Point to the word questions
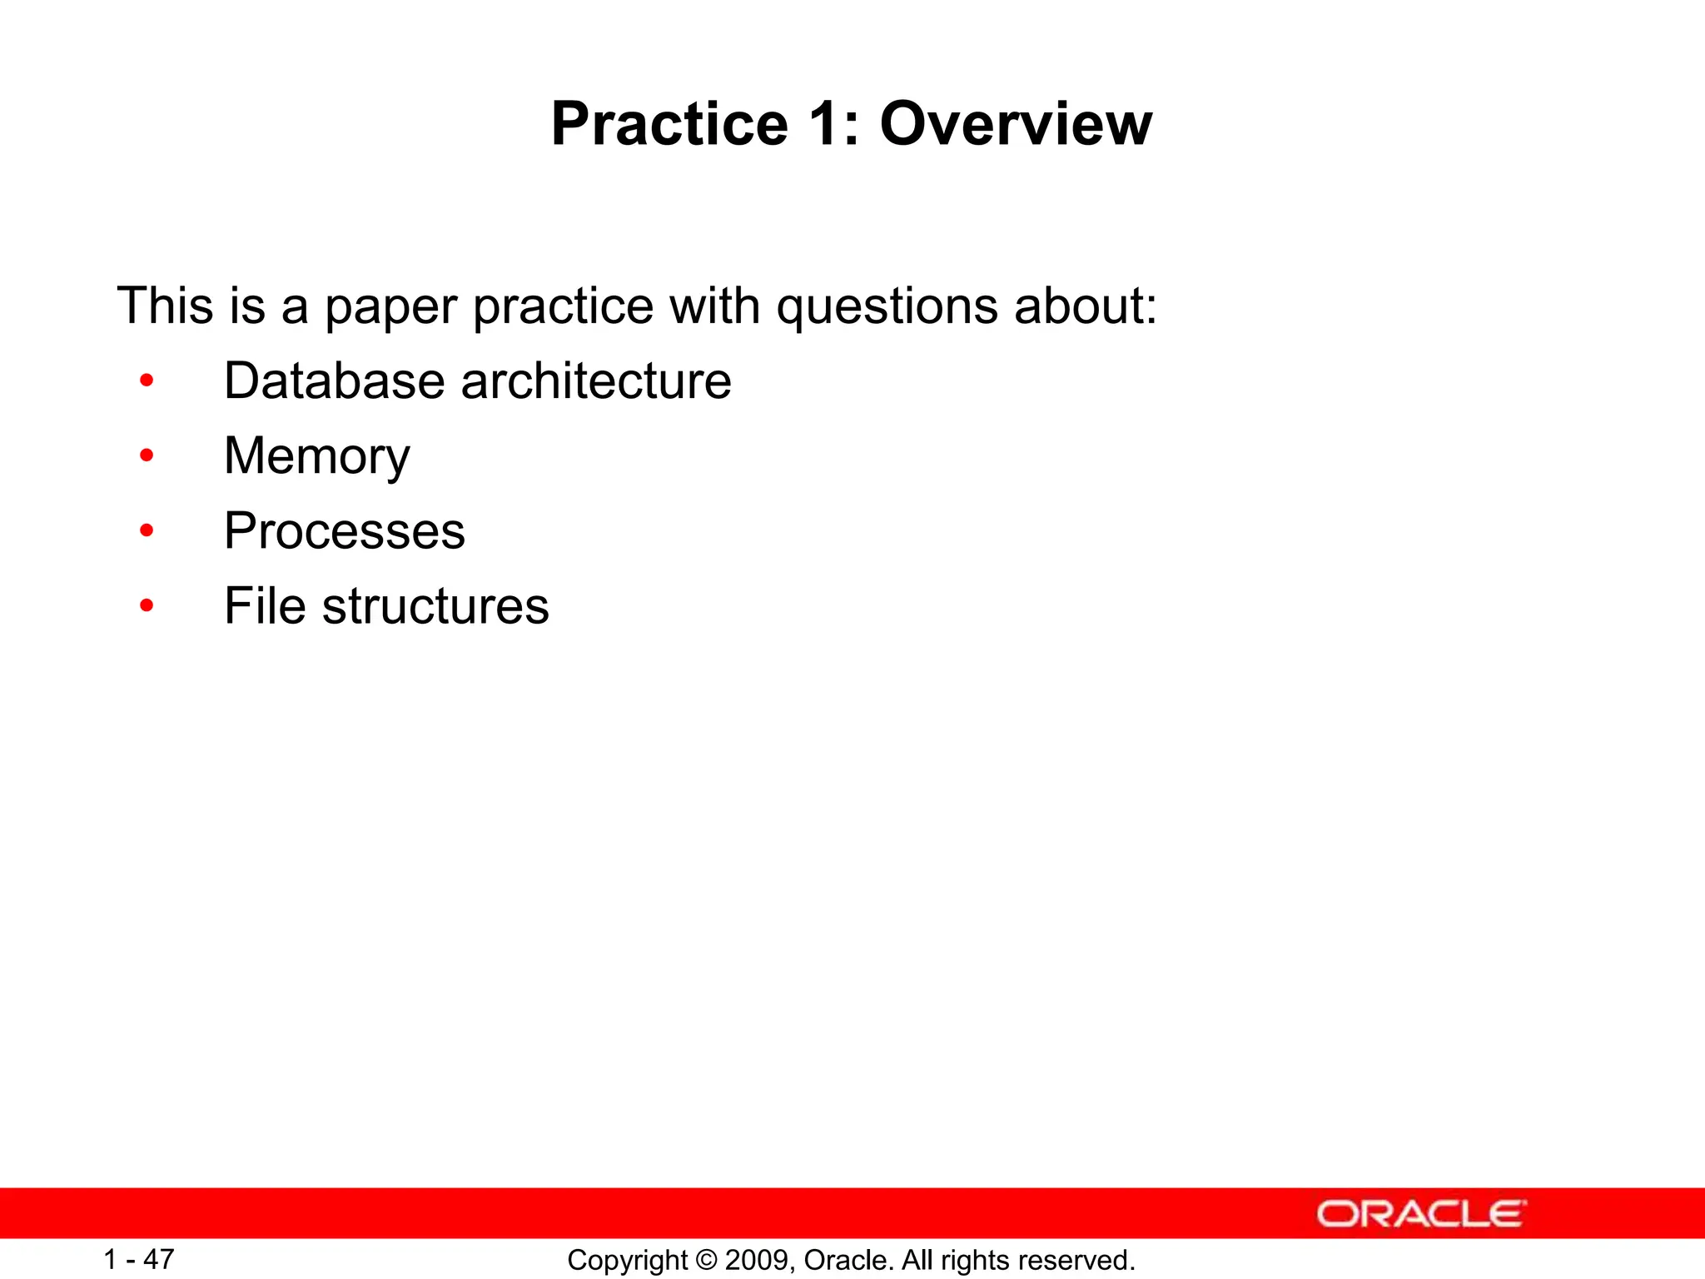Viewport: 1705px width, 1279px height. tap(887, 307)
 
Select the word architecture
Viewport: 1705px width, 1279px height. tap(596, 381)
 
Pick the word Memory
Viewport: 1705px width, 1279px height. tap(317, 457)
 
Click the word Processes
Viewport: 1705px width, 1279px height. tap(344, 532)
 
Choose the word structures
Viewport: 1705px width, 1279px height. tap(435, 606)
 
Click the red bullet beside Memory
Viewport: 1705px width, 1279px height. tap(147, 455)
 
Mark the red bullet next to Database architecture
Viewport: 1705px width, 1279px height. tap(147, 381)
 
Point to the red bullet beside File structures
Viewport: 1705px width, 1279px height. tap(147, 605)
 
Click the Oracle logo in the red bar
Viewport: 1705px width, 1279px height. tap(1420, 1214)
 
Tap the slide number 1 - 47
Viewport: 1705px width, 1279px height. tap(138, 1259)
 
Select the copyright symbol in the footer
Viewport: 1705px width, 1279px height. tap(706, 1260)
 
